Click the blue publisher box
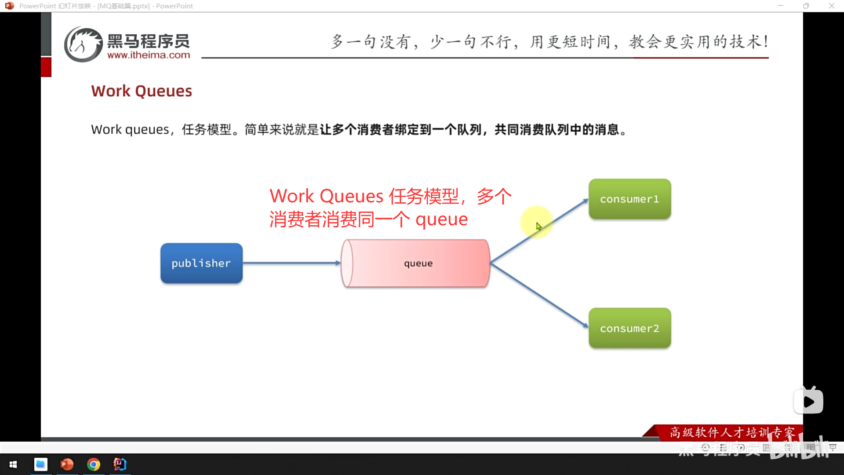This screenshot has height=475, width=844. point(201,263)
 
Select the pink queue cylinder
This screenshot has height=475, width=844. point(415,263)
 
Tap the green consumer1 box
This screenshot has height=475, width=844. point(629,199)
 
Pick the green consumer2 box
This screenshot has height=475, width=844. point(629,328)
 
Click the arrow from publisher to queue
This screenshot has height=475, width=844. point(292,263)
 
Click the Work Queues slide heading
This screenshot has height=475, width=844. point(142,91)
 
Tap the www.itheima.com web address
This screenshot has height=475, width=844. point(149,55)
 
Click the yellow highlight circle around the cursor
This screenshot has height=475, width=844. point(536,222)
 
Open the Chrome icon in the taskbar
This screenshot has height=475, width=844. point(93,464)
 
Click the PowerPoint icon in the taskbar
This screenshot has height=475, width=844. point(67,464)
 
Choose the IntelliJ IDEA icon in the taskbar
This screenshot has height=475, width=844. point(120,464)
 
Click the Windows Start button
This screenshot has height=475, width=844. point(13,464)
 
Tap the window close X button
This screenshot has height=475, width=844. point(832,6)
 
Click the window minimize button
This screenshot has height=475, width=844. point(781,6)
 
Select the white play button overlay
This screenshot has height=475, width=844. point(808,401)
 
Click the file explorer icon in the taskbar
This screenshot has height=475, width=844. point(40,464)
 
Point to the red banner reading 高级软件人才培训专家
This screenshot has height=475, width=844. point(723,432)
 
